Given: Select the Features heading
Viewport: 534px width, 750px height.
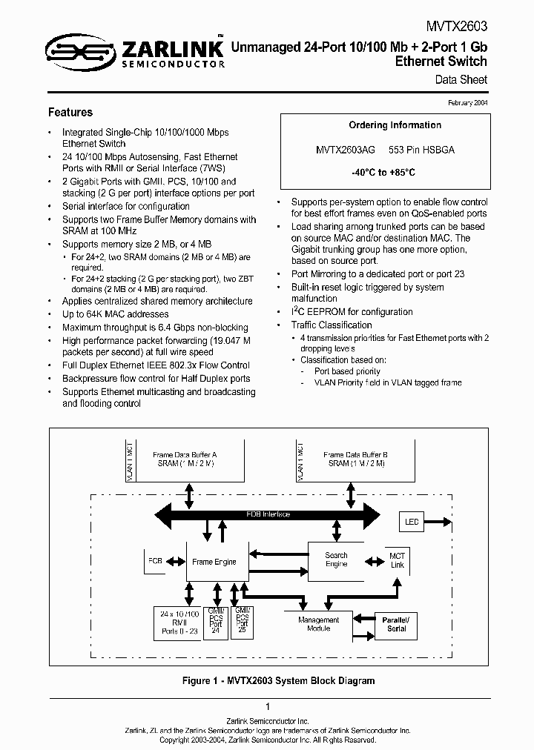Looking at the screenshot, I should [70, 113].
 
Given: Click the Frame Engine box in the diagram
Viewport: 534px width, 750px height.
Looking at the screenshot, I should [214, 562].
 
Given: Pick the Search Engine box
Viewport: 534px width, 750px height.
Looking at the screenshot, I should [336, 560].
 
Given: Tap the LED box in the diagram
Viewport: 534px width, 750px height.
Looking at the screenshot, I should [412, 522].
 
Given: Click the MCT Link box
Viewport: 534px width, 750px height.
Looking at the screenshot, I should [397, 560].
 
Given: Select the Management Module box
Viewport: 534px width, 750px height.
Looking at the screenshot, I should [318, 624].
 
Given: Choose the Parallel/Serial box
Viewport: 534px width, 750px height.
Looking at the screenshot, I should [396, 623].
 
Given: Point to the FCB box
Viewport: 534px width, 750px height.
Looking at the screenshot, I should [155, 561].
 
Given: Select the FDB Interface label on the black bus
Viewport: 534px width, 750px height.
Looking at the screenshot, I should [268, 514].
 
